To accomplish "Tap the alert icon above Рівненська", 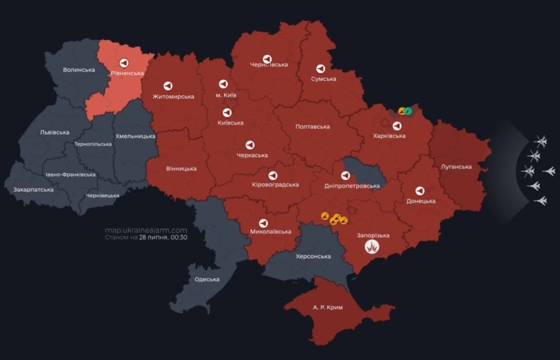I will coord(124,61).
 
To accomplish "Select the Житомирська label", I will coord(173,96).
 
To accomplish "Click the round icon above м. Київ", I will coord(223,83).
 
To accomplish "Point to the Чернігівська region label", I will coord(269,65).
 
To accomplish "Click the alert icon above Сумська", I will coord(321,69).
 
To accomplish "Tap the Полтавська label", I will coord(313,127).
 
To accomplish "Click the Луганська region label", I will coord(456,167).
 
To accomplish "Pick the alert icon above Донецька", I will coord(419,190).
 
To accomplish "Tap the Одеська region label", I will coord(206,279).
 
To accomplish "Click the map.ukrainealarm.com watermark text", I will coord(146,230).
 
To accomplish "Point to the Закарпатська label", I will coord(33,190).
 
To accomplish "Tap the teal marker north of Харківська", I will coord(407,110).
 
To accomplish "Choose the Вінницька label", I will coord(181,168).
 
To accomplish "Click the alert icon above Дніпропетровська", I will coord(346,175).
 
